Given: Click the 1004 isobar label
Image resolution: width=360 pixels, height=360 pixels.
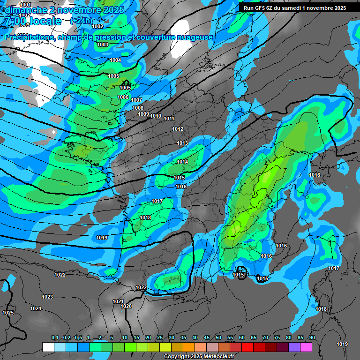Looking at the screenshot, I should (x=115, y=60).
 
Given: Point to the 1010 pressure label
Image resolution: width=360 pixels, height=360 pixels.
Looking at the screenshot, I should (x=156, y=116).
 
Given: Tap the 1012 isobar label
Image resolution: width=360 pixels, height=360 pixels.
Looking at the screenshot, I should (x=178, y=129).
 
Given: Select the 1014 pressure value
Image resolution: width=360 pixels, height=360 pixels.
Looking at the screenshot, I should (x=182, y=162).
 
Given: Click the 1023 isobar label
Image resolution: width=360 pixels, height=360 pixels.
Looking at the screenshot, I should (x=47, y=297).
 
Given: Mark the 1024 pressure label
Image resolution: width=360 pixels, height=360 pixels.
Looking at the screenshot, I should (x=36, y=308).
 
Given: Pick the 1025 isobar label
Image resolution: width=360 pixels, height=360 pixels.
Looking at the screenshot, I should (x=8, y=313).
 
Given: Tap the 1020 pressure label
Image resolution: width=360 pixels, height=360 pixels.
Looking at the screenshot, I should (x=126, y=306).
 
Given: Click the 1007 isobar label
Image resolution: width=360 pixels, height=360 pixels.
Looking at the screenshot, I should (x=136, y=100).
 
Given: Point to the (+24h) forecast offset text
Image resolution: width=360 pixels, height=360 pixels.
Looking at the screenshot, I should (x=81, y=21).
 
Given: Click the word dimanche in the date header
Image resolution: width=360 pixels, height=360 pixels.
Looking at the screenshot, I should (x=23, y=10).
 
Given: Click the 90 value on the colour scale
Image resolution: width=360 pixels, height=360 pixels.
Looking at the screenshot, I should (x=312, y=338).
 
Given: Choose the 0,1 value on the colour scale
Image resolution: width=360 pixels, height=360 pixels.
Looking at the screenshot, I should (x=55, y=338).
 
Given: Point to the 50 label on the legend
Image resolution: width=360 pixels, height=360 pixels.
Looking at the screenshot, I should (x=218, y=338).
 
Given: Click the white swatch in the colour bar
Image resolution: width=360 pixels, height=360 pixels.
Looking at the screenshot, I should (x=48, y=347).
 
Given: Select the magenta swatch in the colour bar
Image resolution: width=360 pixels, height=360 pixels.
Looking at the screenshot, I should (x=306, y=347).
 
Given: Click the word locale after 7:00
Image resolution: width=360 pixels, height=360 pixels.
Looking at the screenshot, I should (x=44, y=21).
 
